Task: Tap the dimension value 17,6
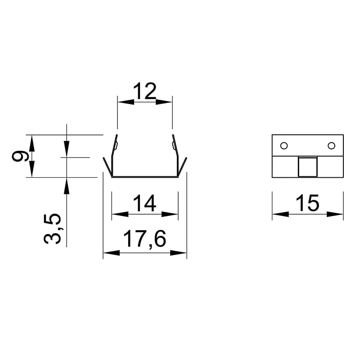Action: [x=144, y=239]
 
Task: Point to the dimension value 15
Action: [x=308, y=203]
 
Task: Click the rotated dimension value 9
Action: [x=20, y=156]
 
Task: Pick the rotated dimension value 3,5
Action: [x=52, y=229]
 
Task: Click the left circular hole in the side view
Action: [x=284, y=145]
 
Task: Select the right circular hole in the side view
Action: [x=331, y=145]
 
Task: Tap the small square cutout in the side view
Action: [x=308, y=167]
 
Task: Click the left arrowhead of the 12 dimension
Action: [x=126, y=102]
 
